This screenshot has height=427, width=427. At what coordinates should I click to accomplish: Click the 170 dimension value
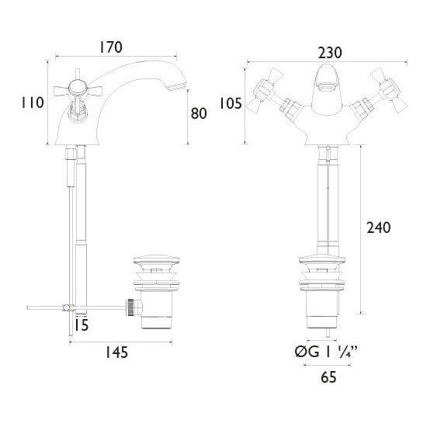(110, 47)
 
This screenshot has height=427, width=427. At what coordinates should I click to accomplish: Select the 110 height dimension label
(33, 102)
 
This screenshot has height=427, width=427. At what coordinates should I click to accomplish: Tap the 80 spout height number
(199, 113)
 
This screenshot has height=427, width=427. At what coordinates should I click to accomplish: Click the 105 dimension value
(231, 103)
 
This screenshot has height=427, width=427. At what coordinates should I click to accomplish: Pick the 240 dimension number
(379, 227)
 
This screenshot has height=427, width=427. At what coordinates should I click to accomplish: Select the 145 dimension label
(116, 352)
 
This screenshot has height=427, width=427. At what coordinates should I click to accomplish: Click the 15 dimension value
(82, 325)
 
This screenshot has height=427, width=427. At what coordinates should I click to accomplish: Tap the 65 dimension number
(328, 377)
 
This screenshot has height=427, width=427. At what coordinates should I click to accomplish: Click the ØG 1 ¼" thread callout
(326, 352)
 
